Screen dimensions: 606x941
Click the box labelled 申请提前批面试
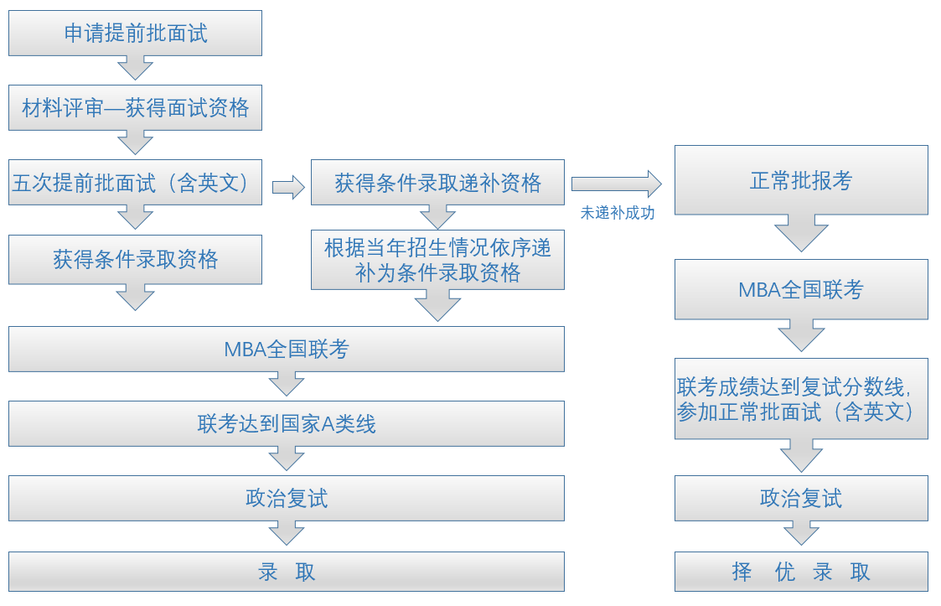[x=135, y=33]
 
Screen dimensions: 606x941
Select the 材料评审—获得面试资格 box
[x=135, y=107]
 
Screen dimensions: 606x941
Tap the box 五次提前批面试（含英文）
[x=135, y=183]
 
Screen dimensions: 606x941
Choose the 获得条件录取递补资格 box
[x=437, y=183]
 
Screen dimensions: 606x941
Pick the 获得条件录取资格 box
[x=135, y=259]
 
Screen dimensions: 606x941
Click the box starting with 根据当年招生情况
[x=437, y=260]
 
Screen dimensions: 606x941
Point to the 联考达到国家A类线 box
[x=286, y=423]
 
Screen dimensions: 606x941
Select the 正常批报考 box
[x=801, y=180]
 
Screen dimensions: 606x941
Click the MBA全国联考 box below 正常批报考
[x=801, y=289]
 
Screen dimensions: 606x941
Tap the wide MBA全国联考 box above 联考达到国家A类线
[x=286, y=349]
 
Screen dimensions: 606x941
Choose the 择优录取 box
[x=801, y=572]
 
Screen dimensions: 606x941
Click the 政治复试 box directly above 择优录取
[x=801, y=498]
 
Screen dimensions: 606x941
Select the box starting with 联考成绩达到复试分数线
[x=801, y=399]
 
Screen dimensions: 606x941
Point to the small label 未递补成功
[x=618, y=213]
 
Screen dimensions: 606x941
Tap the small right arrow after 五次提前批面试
[x=288, y=187]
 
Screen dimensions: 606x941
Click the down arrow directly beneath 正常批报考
[x=801, y=233]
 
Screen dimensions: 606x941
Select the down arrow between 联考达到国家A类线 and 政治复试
[x=286, y=458]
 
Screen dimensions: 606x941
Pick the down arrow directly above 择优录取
[x=801, y=533]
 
